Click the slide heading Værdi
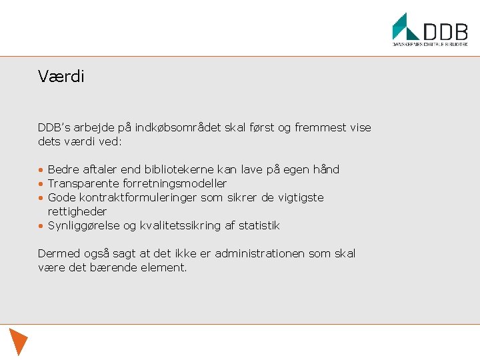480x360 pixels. coord(61,77)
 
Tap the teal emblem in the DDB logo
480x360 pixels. coord(405,27)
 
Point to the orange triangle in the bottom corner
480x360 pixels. coord(19,341)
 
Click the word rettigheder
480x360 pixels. coord(77,211)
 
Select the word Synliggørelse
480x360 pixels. coord(83,225)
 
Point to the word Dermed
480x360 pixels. coord(57,253)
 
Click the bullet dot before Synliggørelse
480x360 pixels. coord(41,226)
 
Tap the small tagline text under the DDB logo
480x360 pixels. coord(429,45)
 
